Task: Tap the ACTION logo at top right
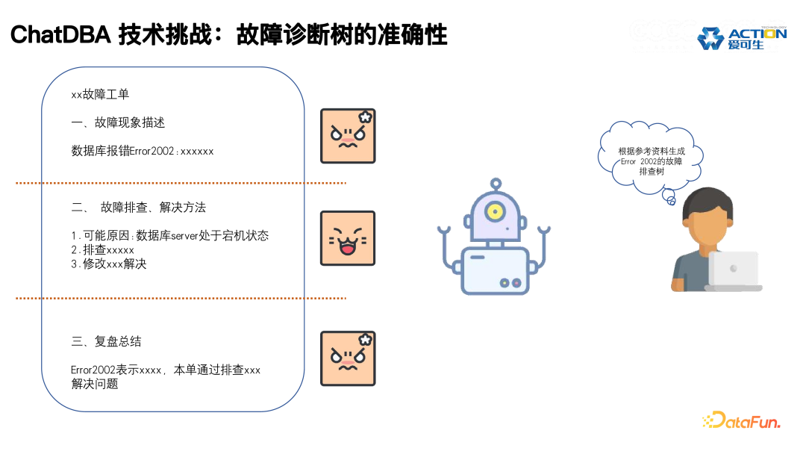click(x=742, y=38)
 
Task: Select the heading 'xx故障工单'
click(x=100, y=95)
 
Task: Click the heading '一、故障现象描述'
click(x=118, y=122)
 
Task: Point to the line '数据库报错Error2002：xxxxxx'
click(x=142, y=151)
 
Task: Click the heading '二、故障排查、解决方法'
click(x=138, y=207)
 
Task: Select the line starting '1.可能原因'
click(x=169, y=236)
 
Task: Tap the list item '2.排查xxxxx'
click(x=102, y=249)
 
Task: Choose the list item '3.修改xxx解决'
click(x=109, y=264)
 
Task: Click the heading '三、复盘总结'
click(x=106, y=341)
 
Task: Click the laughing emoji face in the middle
click(x=348, y=238)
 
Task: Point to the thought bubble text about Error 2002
click(x=651, y=161)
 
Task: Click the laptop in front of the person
click(x=733, y=271)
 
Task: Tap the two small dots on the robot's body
click(x=510, y=283)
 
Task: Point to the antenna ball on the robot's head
click(x=495, y=182)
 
